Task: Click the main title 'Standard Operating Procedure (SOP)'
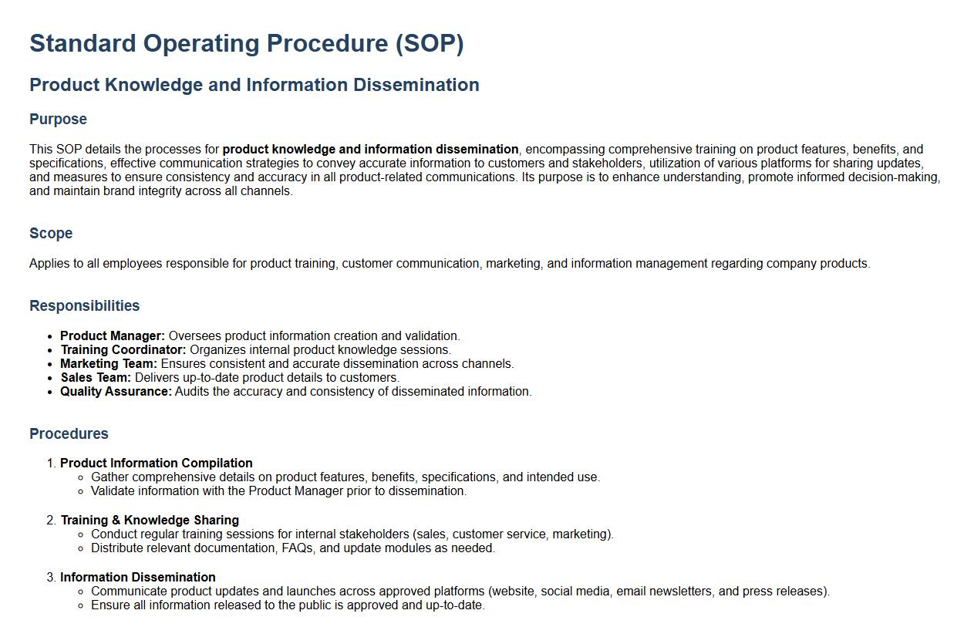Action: point(247,43)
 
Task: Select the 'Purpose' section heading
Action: point(59,119)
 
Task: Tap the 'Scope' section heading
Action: point(51,233)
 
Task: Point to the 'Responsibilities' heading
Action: point(84,305)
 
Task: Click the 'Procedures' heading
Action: point(69,433)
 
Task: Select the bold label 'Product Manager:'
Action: point(113,335)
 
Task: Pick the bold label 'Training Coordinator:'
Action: point(123,349)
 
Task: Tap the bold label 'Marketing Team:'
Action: point(109,363)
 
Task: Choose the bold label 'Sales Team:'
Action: point(96,377)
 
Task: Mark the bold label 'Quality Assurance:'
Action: point(116,391)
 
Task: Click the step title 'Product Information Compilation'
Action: point(157,463)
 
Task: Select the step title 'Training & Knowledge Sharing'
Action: point(150,520)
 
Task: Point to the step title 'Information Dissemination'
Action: point(138,577)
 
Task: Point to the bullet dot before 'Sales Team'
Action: point(50,379)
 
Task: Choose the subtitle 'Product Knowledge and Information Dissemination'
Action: point(254,85)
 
